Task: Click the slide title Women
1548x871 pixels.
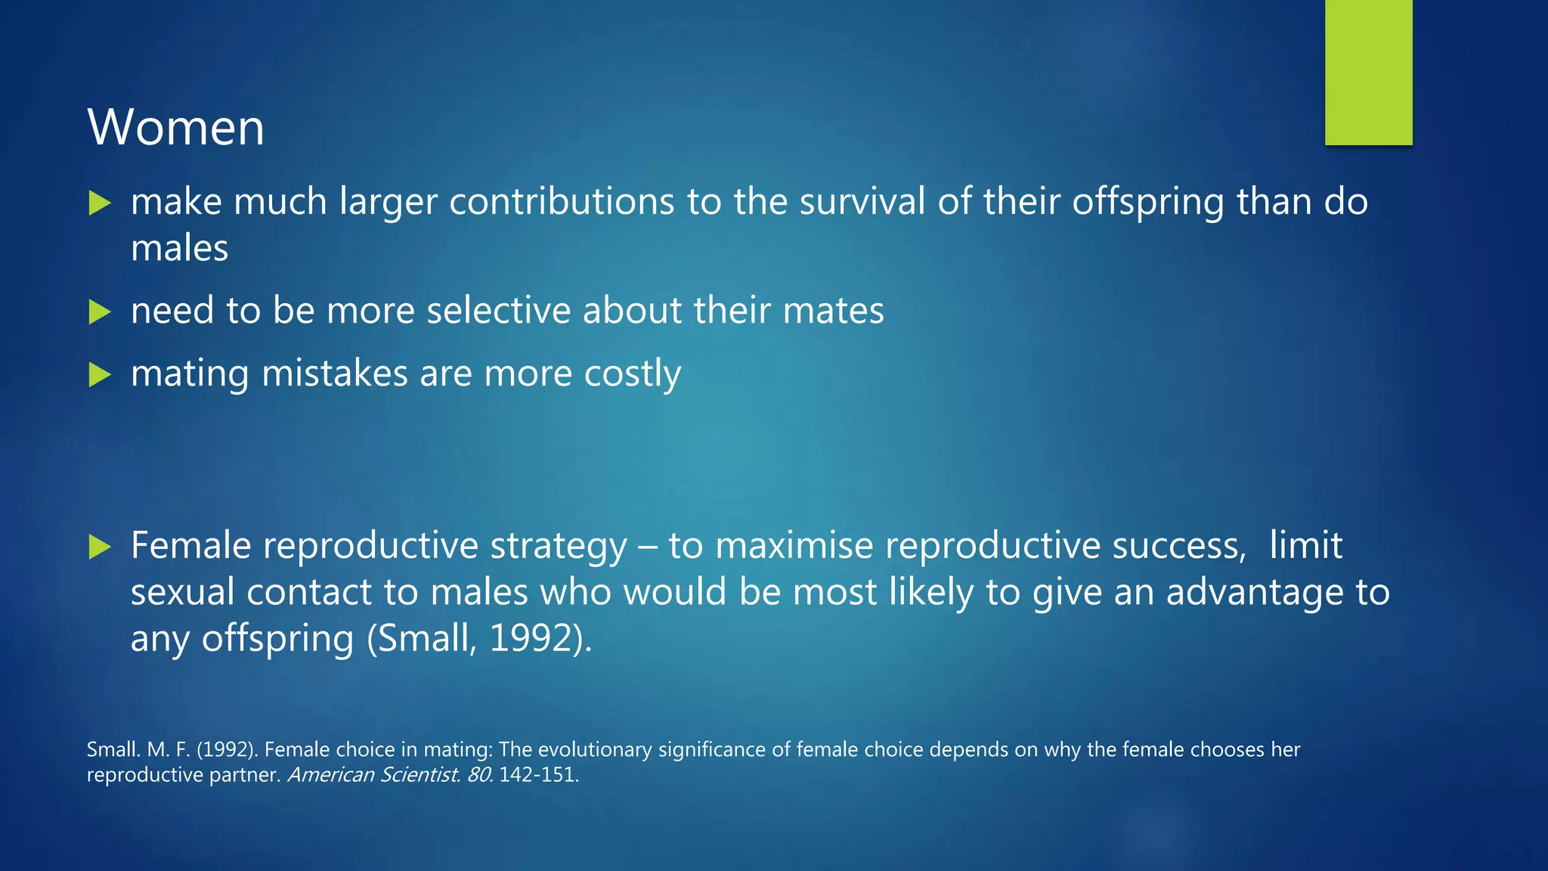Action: coord(175,127)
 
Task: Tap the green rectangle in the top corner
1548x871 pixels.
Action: coord(1368,72)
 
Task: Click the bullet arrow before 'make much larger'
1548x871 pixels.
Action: coord(100,203)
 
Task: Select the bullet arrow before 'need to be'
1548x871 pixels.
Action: coord(100,312)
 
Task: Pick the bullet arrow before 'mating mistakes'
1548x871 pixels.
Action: coord(100,374)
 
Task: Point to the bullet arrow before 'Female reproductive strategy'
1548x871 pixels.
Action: coord(100,547)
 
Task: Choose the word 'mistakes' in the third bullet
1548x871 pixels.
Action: coord(333,374)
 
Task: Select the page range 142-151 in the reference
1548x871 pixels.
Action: coord(537,775)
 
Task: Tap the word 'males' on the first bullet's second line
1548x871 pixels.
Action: coord(179,249)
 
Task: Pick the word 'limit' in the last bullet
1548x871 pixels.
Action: coord(1305,546)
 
